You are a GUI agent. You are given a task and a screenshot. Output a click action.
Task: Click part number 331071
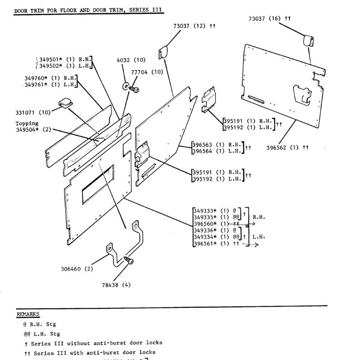click(x=26, y=112)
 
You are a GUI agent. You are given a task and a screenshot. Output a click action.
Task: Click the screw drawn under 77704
click(x=134, y=90)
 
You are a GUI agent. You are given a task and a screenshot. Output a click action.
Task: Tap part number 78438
click(x=111, y=284)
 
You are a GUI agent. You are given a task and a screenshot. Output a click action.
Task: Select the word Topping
click(x=27, y=123)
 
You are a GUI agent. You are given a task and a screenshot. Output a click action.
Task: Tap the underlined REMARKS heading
click(x=28, y=314)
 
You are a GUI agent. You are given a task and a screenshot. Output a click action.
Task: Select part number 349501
click(x=51, y=59)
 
